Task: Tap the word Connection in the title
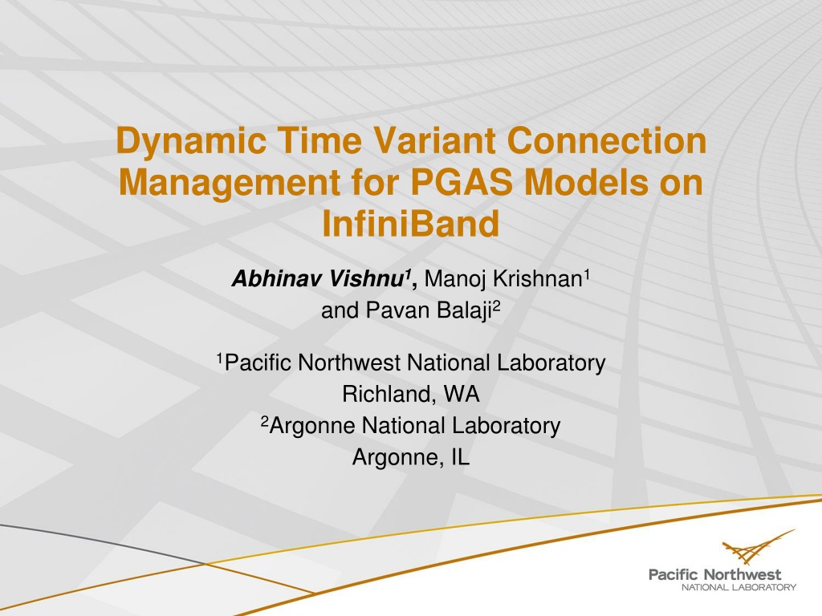(607, 140)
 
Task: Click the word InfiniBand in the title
(410, 224)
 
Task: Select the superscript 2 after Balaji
(497, 306)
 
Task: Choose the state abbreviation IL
(460, 456)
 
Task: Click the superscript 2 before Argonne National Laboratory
(265, 420)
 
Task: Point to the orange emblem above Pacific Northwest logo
(759, 547)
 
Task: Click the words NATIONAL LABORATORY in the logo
(739, 587)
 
